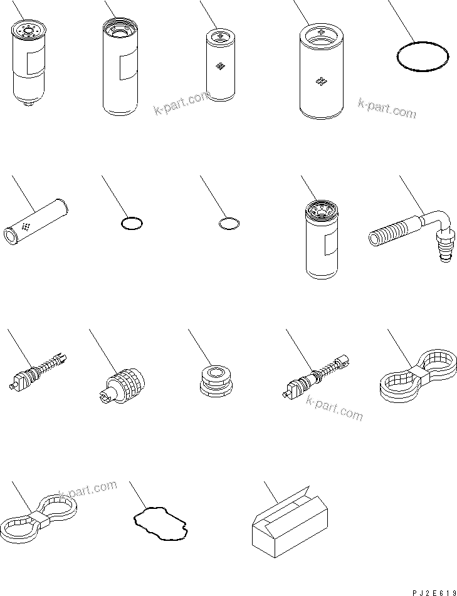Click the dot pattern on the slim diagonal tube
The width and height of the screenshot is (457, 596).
(26, 227)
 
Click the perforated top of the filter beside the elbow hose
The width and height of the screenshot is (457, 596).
(322, 208)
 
